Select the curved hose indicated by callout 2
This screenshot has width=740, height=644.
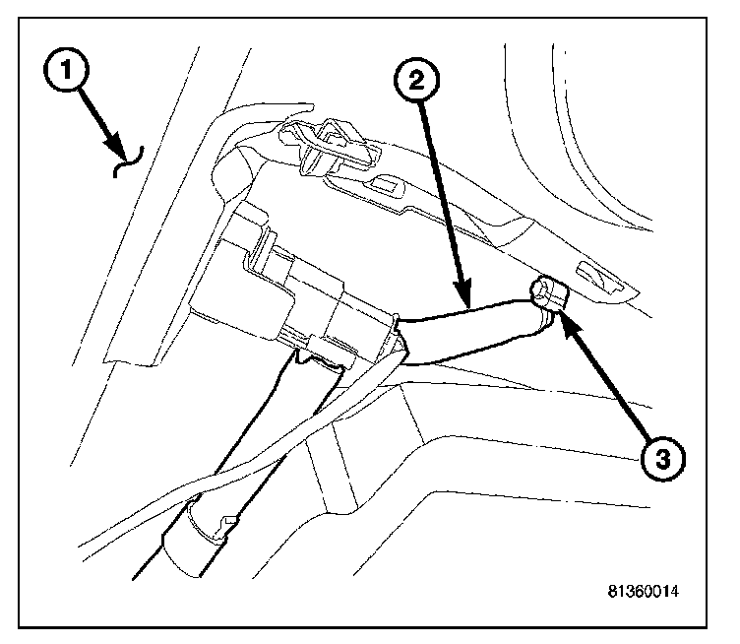coord(472,325)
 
